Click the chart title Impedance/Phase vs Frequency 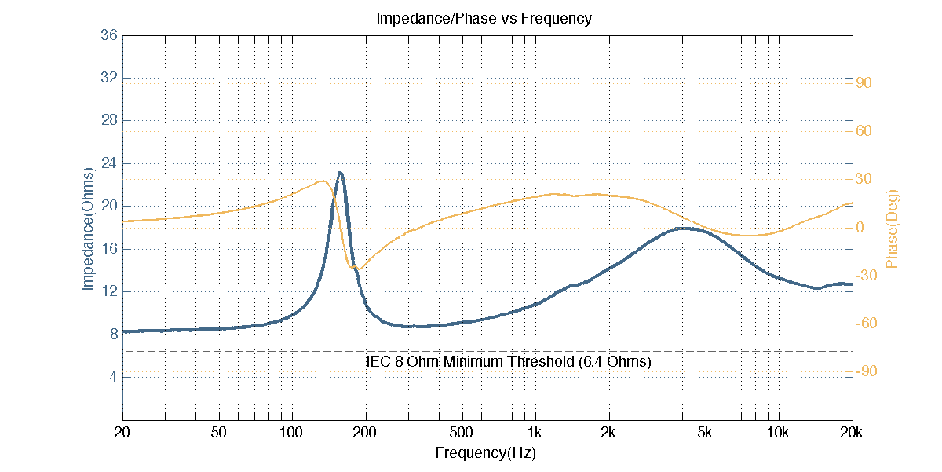click(x=484, y=18)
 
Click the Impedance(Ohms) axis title click(x=88, y=228)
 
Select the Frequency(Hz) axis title click(x=486, y=453)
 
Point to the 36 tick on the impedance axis click(x=109, y=35)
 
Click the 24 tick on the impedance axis click(x=109, y=163)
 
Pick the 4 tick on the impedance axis click(x=113, y=377)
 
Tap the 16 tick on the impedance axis click(x=109, y=249)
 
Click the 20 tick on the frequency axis click(x=122, y=432)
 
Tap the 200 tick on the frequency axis click(x=365, y=432)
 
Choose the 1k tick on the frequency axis click(x=535, y=432)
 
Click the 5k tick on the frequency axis click(x=705, y=432)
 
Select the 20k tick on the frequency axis click(x=852, y=432)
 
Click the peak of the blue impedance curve click(x=340, y=173)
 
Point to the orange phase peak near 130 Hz click(x=323, y=181)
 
